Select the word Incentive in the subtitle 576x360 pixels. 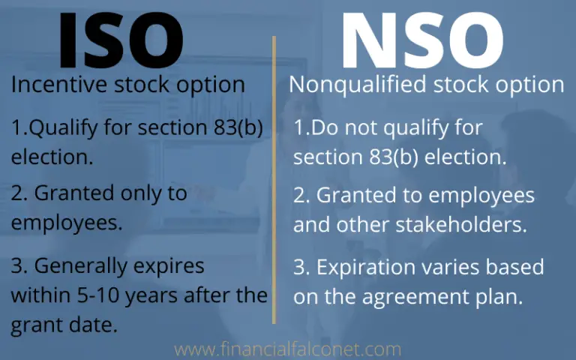[52, 85]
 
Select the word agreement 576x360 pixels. [421, 297]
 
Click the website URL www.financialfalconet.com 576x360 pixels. [287, 349]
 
